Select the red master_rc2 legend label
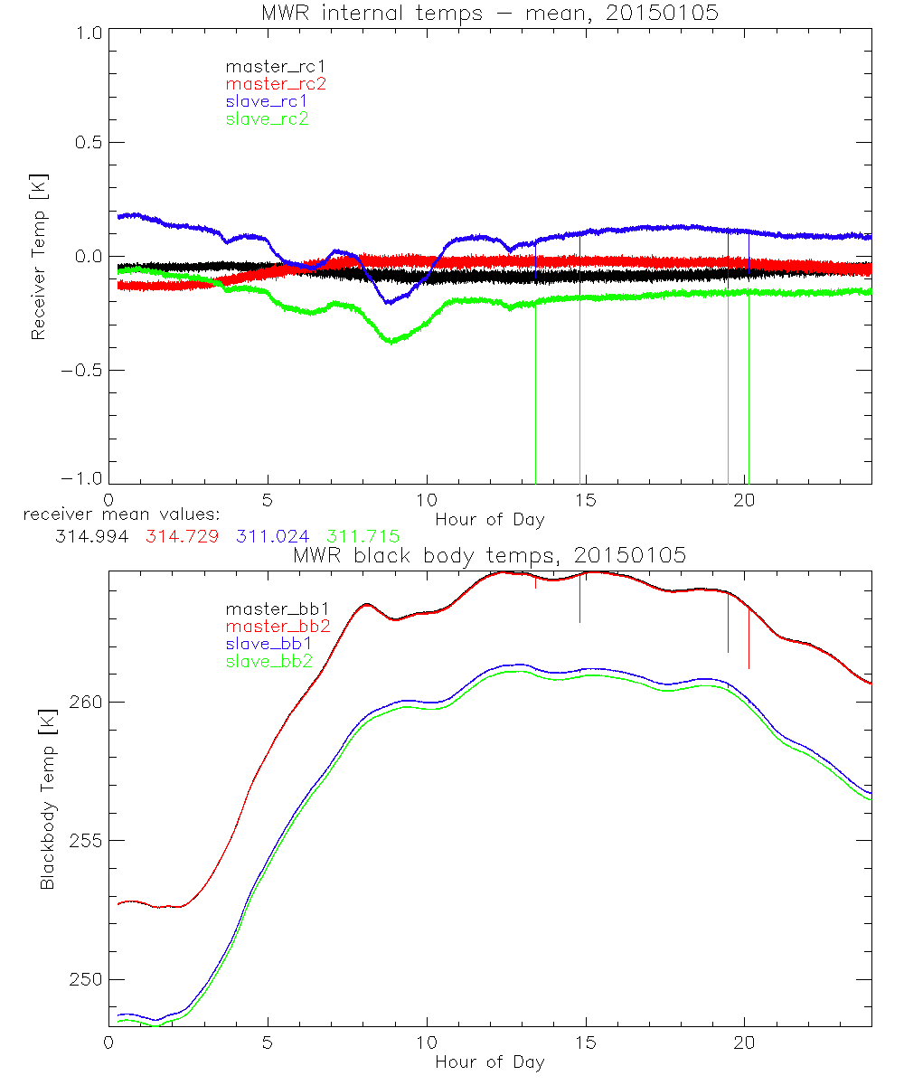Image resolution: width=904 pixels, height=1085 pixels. coord(276,84)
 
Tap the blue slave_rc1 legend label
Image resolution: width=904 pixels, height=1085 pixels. coord(267,101)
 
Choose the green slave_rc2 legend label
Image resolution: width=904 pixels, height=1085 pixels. coord(267,118)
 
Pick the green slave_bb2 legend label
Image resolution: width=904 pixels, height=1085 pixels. coord(269,661)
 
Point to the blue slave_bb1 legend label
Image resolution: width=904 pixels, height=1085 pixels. coord(268,644)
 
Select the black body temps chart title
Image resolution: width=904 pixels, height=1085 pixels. coord(490,555)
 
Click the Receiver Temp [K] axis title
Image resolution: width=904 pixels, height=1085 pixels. coord(38,257)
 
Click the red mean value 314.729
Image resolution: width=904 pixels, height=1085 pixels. coord(182,537)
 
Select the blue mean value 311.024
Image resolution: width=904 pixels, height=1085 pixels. coord(276,537)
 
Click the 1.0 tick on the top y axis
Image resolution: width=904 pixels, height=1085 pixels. coord(88,29)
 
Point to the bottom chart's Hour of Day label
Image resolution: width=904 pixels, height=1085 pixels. coord(490,1061)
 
